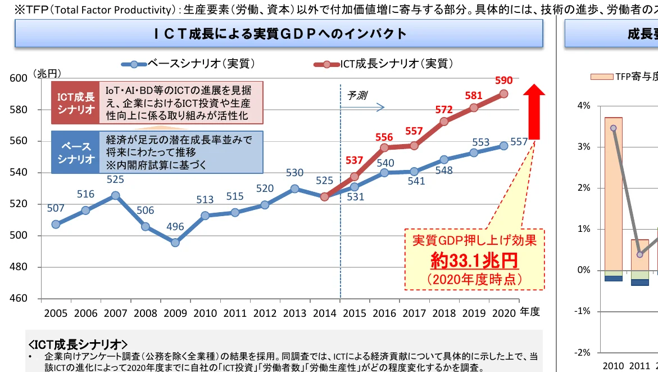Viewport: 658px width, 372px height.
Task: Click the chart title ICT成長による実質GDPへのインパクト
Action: point(280,34)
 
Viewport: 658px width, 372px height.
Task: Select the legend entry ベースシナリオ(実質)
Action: point(191,64)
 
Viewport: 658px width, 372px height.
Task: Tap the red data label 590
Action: point(504,80)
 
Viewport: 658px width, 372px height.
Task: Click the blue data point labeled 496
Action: point(175,243)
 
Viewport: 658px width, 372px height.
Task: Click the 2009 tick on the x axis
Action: point(174,313)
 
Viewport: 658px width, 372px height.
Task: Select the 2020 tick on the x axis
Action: point(503,313)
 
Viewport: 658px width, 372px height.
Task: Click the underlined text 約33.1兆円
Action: point(474,261)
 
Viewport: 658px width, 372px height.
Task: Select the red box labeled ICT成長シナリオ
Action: point(75,103)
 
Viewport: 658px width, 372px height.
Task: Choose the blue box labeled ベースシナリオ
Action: point(75,152)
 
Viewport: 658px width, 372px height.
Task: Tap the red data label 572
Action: point(444,109)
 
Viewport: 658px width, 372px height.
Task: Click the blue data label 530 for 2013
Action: point(294,173)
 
